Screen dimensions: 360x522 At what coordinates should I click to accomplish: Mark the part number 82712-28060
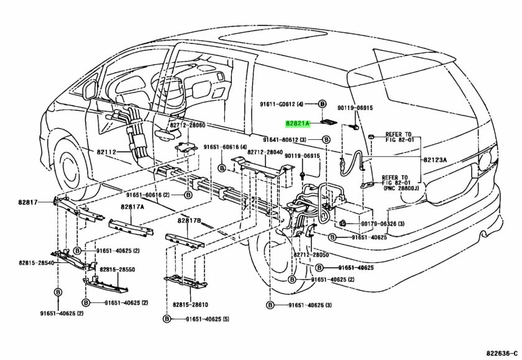[186, 126]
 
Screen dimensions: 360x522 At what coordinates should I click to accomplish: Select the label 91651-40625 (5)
[204, 318]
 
